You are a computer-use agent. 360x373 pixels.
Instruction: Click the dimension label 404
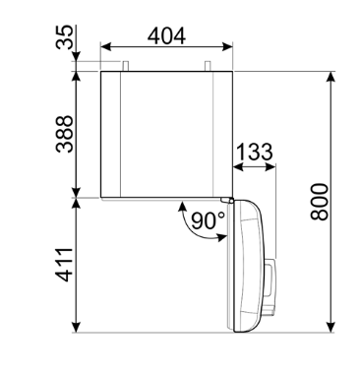166,35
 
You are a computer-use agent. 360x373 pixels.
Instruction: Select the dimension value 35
65,37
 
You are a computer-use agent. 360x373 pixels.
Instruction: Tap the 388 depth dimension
65,134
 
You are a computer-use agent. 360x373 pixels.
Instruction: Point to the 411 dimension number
65,265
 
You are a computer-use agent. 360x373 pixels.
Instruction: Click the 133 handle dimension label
255,152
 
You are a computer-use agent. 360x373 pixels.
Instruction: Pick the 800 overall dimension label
320,202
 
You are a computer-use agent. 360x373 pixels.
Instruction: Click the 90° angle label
208,220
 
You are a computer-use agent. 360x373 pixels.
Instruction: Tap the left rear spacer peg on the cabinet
126,66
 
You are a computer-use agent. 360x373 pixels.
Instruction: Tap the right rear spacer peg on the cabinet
208,66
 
